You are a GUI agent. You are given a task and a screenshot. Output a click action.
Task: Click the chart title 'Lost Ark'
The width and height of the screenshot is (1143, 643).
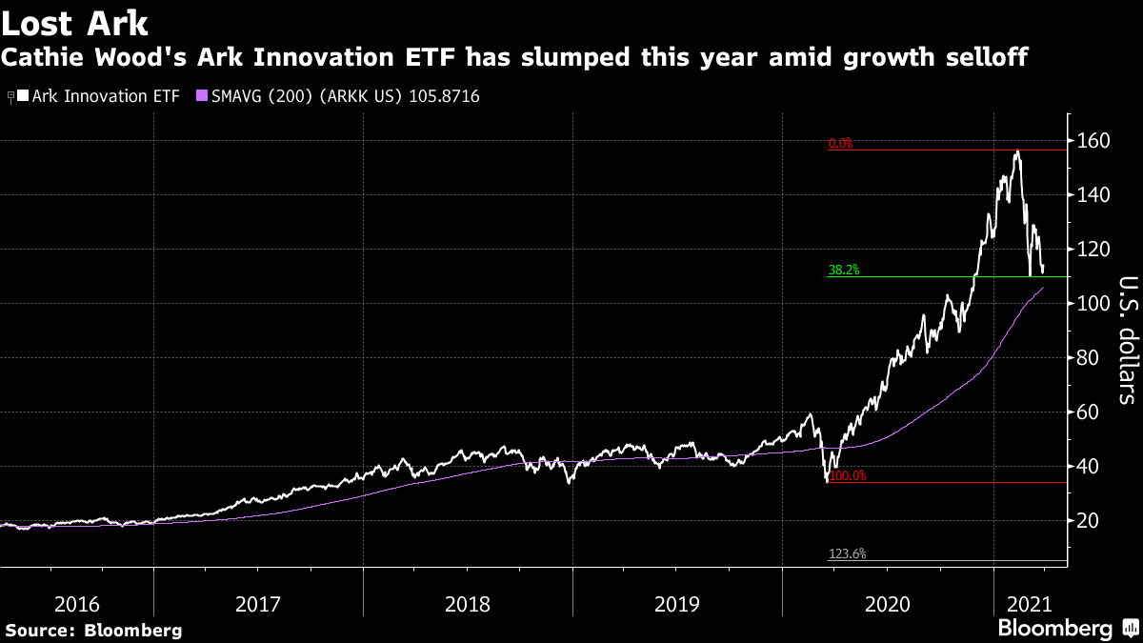tap(75, 21)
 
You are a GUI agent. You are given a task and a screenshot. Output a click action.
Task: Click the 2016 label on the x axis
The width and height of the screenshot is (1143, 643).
tap(77, 604)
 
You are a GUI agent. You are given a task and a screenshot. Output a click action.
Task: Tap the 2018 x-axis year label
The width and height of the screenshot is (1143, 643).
tap(467, 604)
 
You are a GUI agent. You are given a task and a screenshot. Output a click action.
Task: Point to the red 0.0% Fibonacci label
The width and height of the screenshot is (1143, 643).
tap(841, 144)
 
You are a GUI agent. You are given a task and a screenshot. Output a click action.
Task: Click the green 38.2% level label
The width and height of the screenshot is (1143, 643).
tap(844, 271)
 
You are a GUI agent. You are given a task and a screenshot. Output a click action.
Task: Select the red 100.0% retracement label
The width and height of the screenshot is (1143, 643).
tap(848, 475)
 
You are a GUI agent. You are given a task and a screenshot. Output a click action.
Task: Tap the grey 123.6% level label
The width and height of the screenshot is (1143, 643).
tap(847, 553)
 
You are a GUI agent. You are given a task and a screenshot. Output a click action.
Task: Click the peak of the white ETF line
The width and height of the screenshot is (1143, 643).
tap(1017, 151)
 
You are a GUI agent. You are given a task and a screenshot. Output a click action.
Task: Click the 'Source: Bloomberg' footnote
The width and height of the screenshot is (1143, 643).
tap(93, 631)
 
